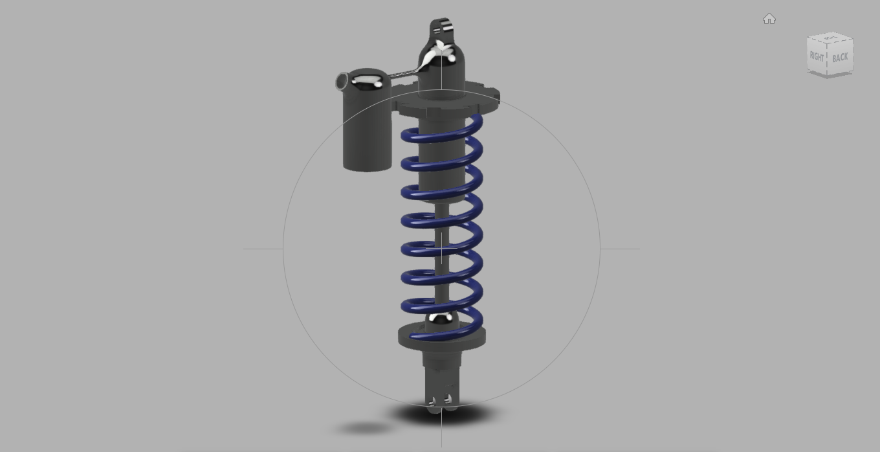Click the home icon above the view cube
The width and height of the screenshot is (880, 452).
point(769,19)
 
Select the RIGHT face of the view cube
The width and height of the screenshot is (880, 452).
point(817,56)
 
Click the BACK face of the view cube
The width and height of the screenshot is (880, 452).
point(840,58)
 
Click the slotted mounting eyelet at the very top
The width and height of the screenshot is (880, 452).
point(442,28)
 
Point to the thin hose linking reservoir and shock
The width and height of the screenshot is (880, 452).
point(402,75)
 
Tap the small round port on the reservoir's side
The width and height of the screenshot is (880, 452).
point(341,82)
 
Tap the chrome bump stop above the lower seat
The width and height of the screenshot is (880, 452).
point(441,318)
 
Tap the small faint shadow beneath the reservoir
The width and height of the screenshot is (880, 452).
point(364,428)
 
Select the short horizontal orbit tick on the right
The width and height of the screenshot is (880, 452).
point(620,249)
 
